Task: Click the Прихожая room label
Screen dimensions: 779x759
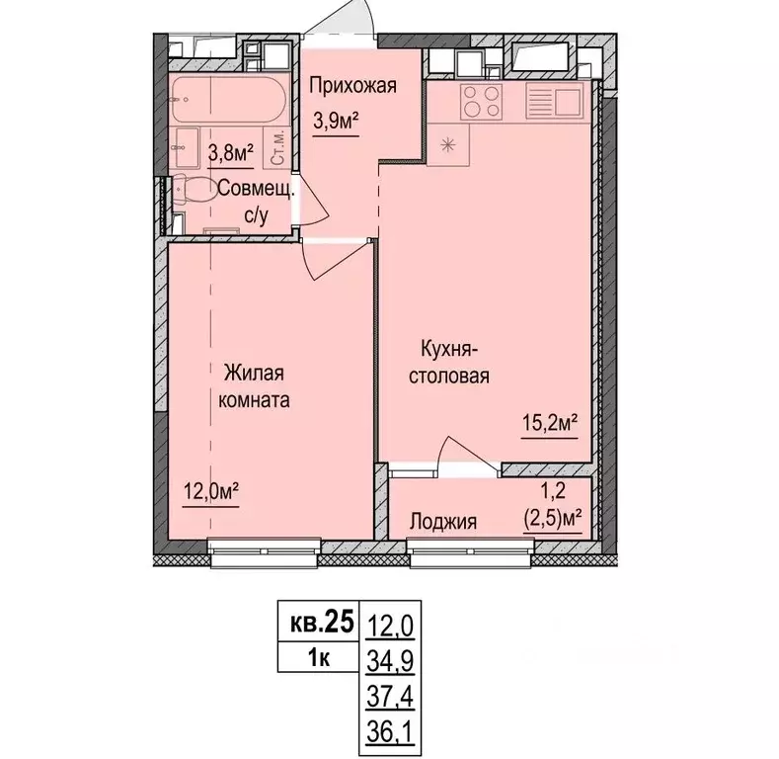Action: click(x=352, y=86)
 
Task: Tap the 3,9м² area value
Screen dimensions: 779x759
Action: click(x=336, y=121)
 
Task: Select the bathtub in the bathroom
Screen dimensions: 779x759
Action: click(x=229, y=99)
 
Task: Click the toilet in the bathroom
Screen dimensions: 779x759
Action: click(x=193, y=190)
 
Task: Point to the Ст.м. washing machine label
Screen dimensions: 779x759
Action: click(x=278, y=147)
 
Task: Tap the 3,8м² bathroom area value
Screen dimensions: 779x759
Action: click(x=231, y=153)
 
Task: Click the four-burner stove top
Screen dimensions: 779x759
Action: click(x=481, y=102)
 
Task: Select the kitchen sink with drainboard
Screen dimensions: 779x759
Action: click(x=555, y=102)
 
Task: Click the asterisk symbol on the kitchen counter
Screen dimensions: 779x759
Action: click(x=447, y=144)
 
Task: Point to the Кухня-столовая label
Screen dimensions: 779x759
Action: click(x=449, y=362)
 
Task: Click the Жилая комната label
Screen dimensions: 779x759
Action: click(x=254, y=386)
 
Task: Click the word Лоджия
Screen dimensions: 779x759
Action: click(x=443, y=522)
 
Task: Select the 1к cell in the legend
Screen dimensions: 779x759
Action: click(x=319, y=657)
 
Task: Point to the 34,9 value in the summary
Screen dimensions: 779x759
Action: click(x=391, y=660)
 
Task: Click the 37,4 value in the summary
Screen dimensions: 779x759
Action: click(x=391, y=697)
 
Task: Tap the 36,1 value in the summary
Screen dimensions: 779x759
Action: click(x=391, y=732)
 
